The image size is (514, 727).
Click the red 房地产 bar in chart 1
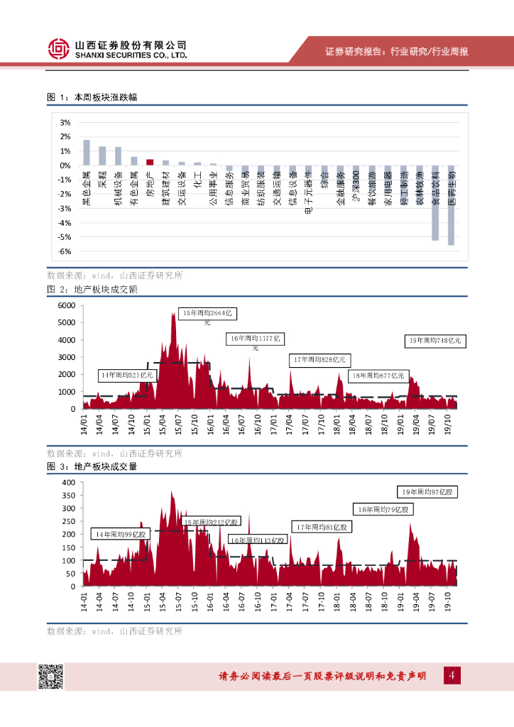coord(150,162)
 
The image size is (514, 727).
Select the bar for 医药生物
coord(451,205)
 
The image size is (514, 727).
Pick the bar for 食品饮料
coord(435,203)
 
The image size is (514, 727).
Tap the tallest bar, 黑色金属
coord(87,153)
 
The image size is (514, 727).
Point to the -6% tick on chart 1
coord(64,251)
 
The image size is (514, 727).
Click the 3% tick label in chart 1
coord(64,122)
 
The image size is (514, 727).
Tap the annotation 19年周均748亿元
coord(435,341)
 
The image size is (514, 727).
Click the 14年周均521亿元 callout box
coord(127,374)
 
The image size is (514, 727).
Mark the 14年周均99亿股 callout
coord(121,534)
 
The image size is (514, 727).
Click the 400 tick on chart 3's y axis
coord(69,482)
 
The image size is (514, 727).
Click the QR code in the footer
coord(50,677)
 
